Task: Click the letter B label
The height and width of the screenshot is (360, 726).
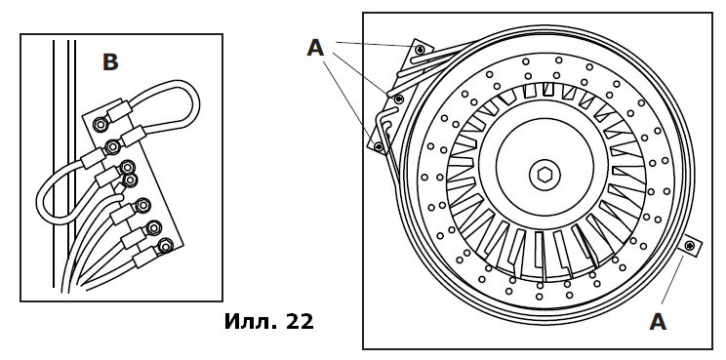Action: pyautogui.click(x=110, y=62)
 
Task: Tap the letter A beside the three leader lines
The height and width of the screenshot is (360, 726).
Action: pyautogui.click(x=315, y=48)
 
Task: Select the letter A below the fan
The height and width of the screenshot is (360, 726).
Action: pyautogui.click(x=658, y=322)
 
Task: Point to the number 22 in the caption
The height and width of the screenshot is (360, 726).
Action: pyautogui.click(x=300, y=322)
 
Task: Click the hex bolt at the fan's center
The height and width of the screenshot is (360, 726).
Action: pyautogui.click(x=544, y=175)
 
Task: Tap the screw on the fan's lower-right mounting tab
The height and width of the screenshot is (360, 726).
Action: pyautogui.click(x=690, y=246)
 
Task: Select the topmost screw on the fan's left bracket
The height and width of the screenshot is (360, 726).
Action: pyautogui.click(x=420, y=50)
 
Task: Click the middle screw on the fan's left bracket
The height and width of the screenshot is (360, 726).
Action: pyautogui.click(x=398, y=99)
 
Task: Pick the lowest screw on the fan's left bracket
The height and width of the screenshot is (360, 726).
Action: pyautogui.click(x=380, y=147)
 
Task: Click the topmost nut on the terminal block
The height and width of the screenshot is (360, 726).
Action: pyautogui.click(x=100, y=124)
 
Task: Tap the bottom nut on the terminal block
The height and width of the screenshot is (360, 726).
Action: pyautogui.click(x=164, y=246)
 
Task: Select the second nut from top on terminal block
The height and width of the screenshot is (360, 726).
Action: pyautogui.click(x=112, y=147)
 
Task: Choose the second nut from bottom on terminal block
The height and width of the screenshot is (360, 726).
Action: pyautogui.click(x=153, y=227)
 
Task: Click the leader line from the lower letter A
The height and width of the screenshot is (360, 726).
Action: pyautogui.click(x=672, y=280)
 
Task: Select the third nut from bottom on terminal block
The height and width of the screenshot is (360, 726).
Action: pyautogui.click(x=143, y=204)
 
